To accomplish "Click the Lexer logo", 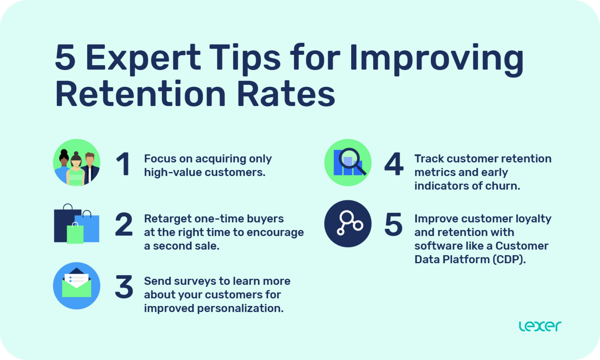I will [x=540, y=326].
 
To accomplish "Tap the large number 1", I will [x=123, y=165].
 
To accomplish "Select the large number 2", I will [x=124, y=225].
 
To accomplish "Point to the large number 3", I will [x=124, y=287].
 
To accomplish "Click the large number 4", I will [x=394, y=165].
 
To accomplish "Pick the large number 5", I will [x=393, y=225].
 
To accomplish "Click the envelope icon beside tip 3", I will [x=77, y=285].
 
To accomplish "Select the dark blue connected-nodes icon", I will [x=348, y=224].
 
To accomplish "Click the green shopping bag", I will [x=75, y=234].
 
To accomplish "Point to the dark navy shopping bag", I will [x=63, y=225].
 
